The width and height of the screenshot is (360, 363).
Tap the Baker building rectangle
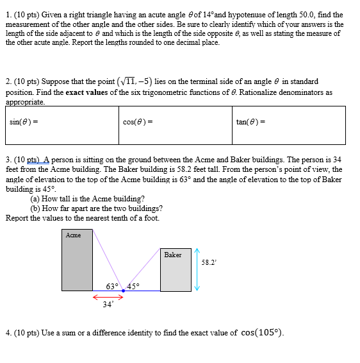click(175, 270)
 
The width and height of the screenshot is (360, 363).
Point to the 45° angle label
click(134, 286)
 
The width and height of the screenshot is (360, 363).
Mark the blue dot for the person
click(123, 291)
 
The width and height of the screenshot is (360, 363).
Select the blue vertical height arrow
click(198, 269)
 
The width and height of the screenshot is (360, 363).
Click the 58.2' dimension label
click(208, 262)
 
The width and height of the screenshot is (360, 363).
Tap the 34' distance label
click(107, 305)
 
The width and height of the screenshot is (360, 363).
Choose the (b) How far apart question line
click(96, 208)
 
